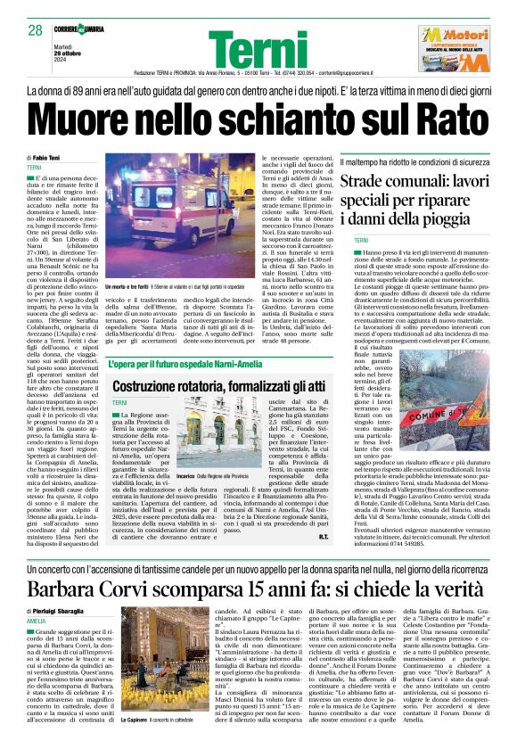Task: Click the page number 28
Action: click(x=35, y=30)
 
